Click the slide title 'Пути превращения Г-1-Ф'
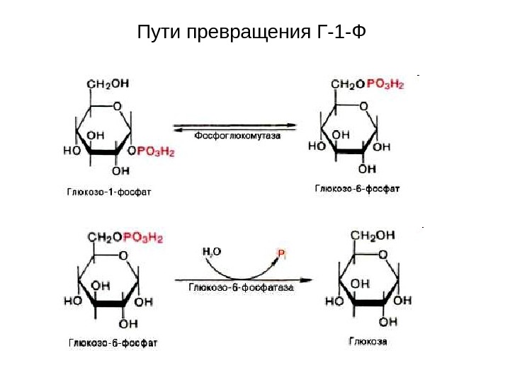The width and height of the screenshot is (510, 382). coord(253,33)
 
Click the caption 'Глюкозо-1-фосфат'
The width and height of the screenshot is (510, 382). coord(109,191)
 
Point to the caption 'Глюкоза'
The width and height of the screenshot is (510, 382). coord(368,342)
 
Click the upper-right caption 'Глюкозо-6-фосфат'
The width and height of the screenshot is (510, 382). coord(357,189)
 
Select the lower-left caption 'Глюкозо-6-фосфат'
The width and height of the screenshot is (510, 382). coord(113,343)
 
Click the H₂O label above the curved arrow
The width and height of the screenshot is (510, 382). coord(212,251)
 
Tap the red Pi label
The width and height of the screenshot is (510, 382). coord(281,253)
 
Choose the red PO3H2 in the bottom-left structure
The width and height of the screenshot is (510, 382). coord(144,238)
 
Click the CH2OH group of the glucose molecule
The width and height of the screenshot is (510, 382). coord(372,236)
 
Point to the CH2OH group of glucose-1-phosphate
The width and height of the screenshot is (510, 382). coord(108,83)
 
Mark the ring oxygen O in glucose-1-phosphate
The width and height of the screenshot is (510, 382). coord(116,107)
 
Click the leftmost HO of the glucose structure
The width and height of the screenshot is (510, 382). coord(334,301)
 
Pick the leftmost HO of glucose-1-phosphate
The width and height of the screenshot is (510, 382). coord(72,151)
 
